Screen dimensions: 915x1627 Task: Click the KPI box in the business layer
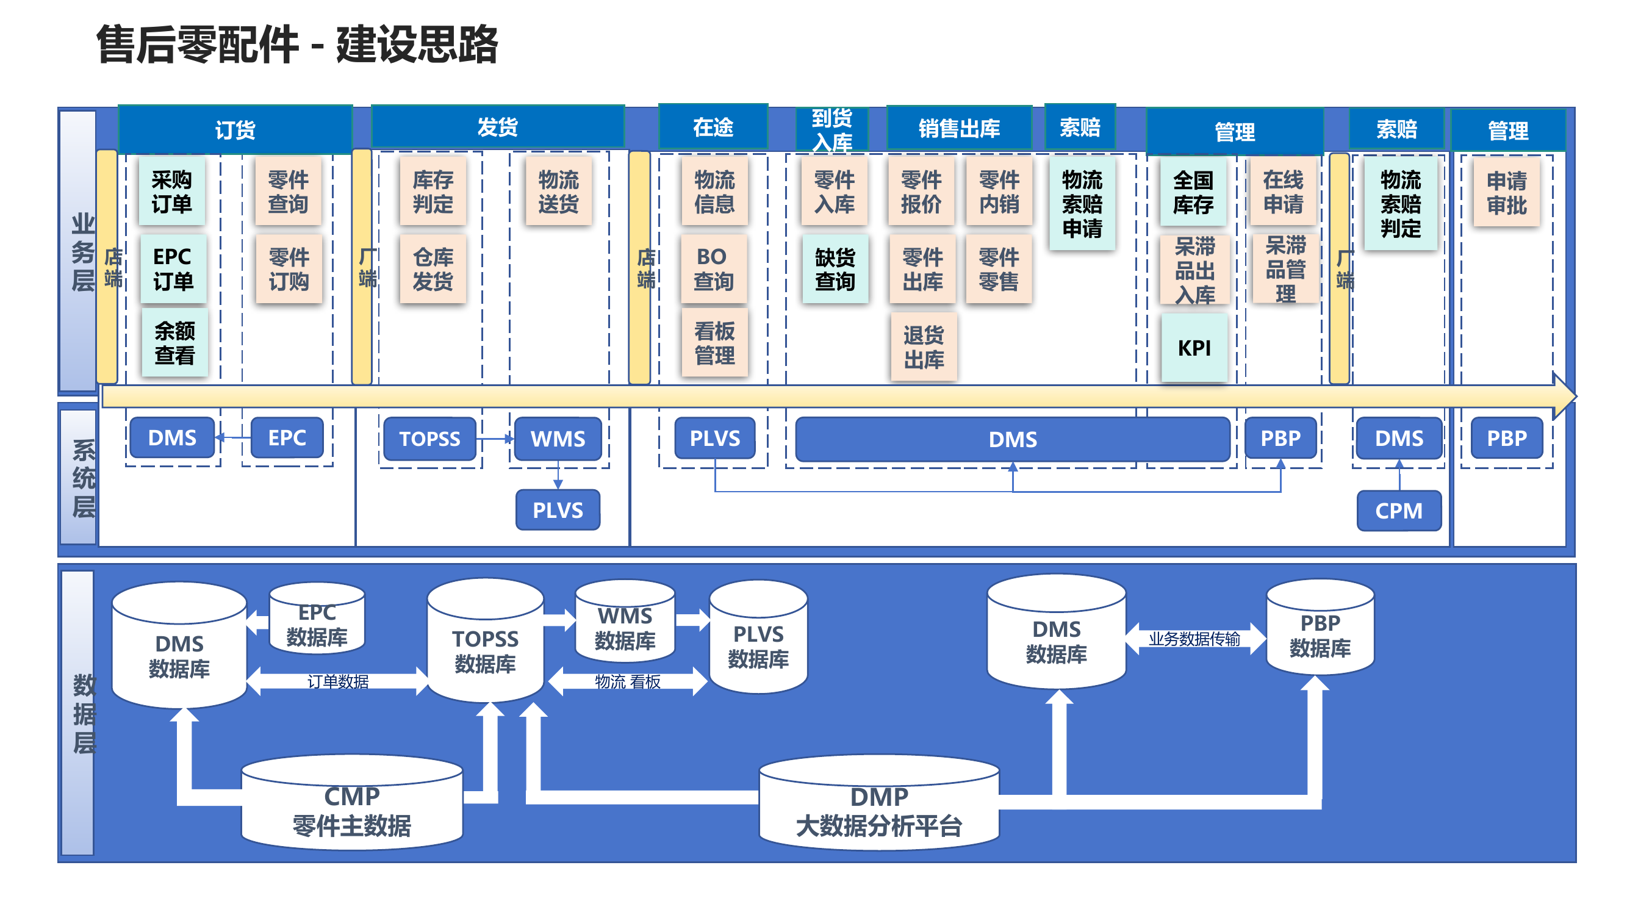click(x=1194, y=347)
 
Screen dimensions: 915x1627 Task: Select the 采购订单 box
click(x=172, y=192)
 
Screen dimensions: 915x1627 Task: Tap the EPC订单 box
click(x=173, y=268)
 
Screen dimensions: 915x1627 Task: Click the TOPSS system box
click(x=429, y=438)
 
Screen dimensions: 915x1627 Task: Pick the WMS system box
click(x=558, y=438)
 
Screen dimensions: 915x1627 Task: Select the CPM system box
click(x=1398, y=510)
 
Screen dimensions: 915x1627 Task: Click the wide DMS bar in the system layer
click(x=1013, y=439)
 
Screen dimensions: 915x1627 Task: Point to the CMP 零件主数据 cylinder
click(x=352, y=811)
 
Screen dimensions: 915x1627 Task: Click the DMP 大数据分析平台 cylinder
click(x=878, y=811)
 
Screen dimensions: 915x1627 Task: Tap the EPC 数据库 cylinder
click(x=317, y=625)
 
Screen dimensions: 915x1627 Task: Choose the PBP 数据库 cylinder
click(x=1320, y=634)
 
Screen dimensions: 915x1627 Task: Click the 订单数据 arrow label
click(x=338, y=681)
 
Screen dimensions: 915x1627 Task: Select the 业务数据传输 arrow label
click(x=1194, y=639)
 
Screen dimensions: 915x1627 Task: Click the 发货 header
click(x=497, y=127)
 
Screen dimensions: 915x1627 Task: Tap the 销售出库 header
click(x=959, y=128)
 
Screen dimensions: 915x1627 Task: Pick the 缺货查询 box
click(x=835, y=269)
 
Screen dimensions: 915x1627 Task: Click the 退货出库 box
click(x=923, y=346)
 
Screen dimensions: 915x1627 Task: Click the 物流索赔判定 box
click(x=1399, y=203)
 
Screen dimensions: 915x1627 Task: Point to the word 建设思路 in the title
click(x=417, y=44)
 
